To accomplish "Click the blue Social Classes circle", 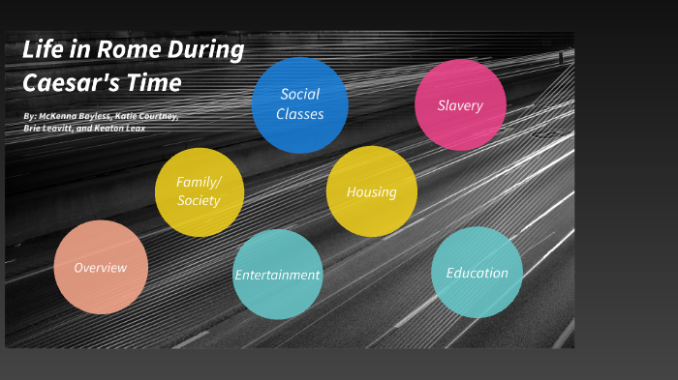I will tap(299, 104).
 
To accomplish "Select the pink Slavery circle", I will tap(460, 105).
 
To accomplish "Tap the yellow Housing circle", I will tap(372, 191).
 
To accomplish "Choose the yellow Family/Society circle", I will tap(199, 191).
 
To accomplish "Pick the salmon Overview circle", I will tap(101, 267).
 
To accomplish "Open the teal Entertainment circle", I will tap(277, 275).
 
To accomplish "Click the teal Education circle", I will tap(477, 273).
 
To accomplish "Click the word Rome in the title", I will tap(127, 51).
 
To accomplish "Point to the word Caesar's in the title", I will tap(67, 82).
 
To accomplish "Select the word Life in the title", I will tap(43, 51).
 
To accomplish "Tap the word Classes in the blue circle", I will tap(299, 114).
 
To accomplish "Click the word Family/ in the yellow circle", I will tap(199, 182).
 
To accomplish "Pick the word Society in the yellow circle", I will tap(199, 201).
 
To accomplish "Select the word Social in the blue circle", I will tap(299, 95).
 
